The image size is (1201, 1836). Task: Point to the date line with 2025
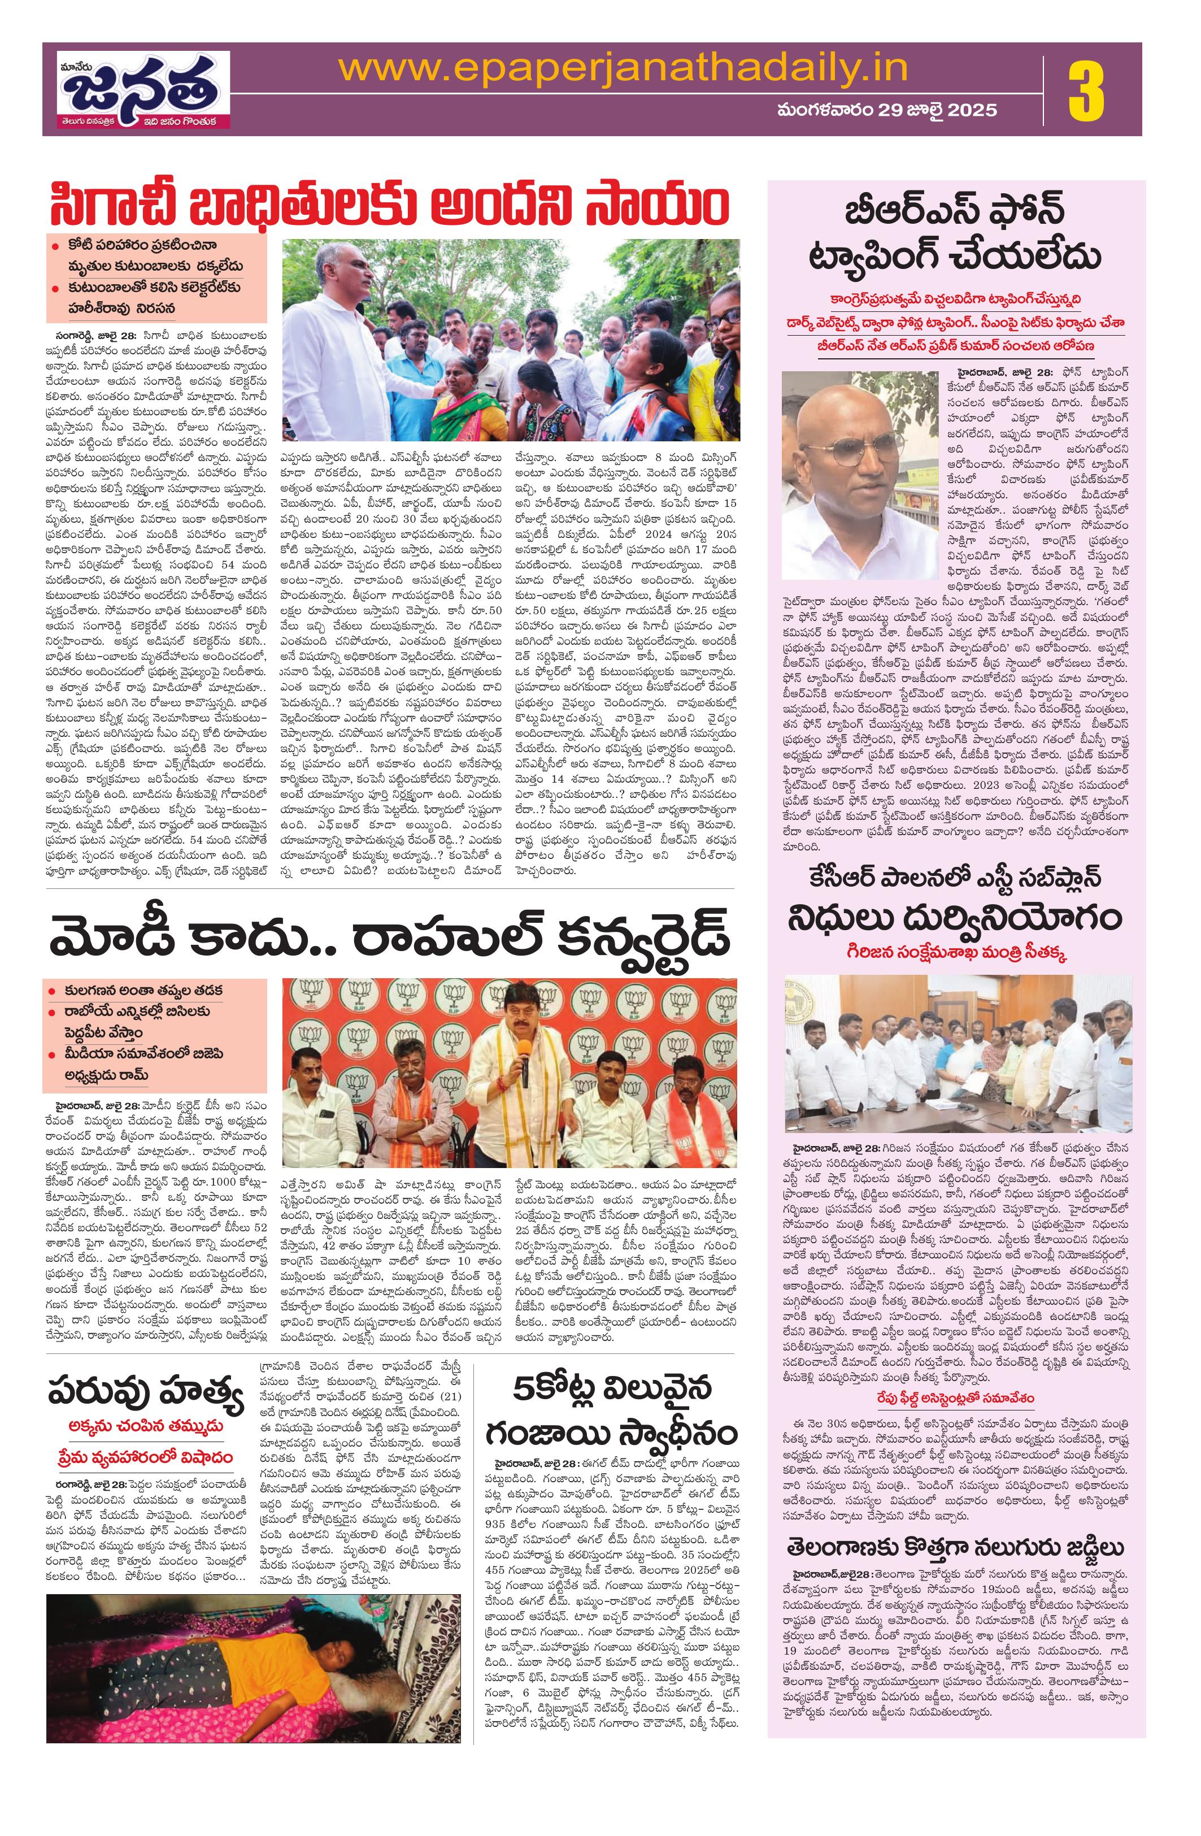click(x=887, y=110)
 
